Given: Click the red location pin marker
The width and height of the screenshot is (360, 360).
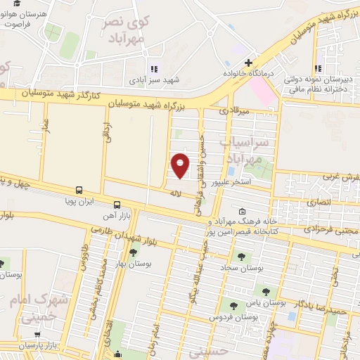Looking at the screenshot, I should point(181,165).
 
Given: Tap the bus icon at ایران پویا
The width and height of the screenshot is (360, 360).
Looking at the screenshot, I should point(79,190).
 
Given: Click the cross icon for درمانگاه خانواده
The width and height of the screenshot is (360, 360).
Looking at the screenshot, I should point(248,63).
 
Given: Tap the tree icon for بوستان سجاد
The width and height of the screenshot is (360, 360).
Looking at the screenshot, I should point(243,257).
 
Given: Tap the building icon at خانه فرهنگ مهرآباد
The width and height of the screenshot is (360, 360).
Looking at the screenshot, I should point(243,211).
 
